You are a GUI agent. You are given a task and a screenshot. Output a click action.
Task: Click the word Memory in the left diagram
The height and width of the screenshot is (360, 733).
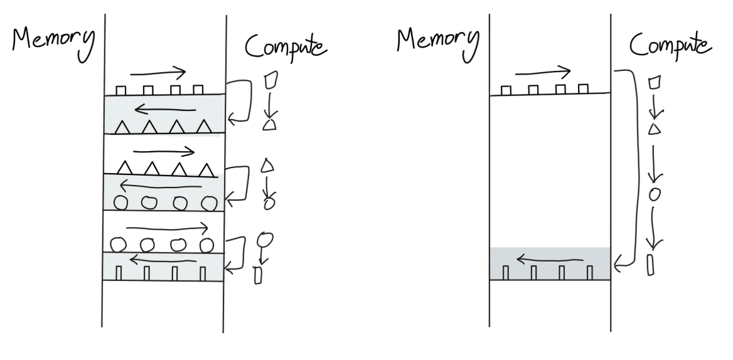tap(53, 42)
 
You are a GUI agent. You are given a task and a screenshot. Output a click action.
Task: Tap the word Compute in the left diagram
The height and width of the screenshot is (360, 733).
tap(286, 47)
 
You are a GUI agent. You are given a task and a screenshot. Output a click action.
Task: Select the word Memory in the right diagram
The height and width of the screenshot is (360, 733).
tap(438, 42)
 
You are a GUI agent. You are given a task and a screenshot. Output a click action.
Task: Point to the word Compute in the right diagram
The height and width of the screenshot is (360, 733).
tap(670, 46)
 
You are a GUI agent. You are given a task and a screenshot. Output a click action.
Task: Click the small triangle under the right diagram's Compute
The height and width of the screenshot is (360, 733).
tap(655, 129)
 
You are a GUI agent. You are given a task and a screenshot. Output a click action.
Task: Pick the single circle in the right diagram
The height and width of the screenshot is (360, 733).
tap(655, 194)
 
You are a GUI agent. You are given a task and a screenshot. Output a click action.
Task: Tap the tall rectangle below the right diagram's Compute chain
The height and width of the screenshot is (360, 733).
tap(650, 265)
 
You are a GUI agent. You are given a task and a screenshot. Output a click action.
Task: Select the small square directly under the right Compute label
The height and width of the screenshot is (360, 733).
tap(655, 82)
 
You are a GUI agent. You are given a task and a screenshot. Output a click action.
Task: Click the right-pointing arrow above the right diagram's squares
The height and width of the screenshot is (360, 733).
tap(543, 72)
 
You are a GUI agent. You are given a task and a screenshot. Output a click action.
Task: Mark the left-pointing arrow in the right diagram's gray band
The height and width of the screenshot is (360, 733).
tap(550, 258)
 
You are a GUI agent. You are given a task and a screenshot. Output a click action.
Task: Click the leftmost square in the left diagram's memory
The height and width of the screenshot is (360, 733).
tap(120, 90)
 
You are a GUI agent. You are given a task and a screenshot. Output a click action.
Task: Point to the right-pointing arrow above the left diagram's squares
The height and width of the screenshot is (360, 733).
tap(158, 72)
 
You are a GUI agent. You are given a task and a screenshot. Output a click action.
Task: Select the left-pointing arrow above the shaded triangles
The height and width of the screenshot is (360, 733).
tap(165, 110)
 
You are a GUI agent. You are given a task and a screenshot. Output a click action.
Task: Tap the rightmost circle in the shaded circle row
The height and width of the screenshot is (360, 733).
tap(209, 204)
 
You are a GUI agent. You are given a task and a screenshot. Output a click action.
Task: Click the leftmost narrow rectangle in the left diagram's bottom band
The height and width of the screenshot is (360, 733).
tap(118, 273)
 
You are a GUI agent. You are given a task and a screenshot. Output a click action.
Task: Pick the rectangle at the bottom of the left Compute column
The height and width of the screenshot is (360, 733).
tap(257, 275)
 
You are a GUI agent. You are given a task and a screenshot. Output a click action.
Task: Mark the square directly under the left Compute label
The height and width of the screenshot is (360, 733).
tap(271, 80)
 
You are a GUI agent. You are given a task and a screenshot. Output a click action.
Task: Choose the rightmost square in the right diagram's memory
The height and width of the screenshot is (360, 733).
tap(583, 88)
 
